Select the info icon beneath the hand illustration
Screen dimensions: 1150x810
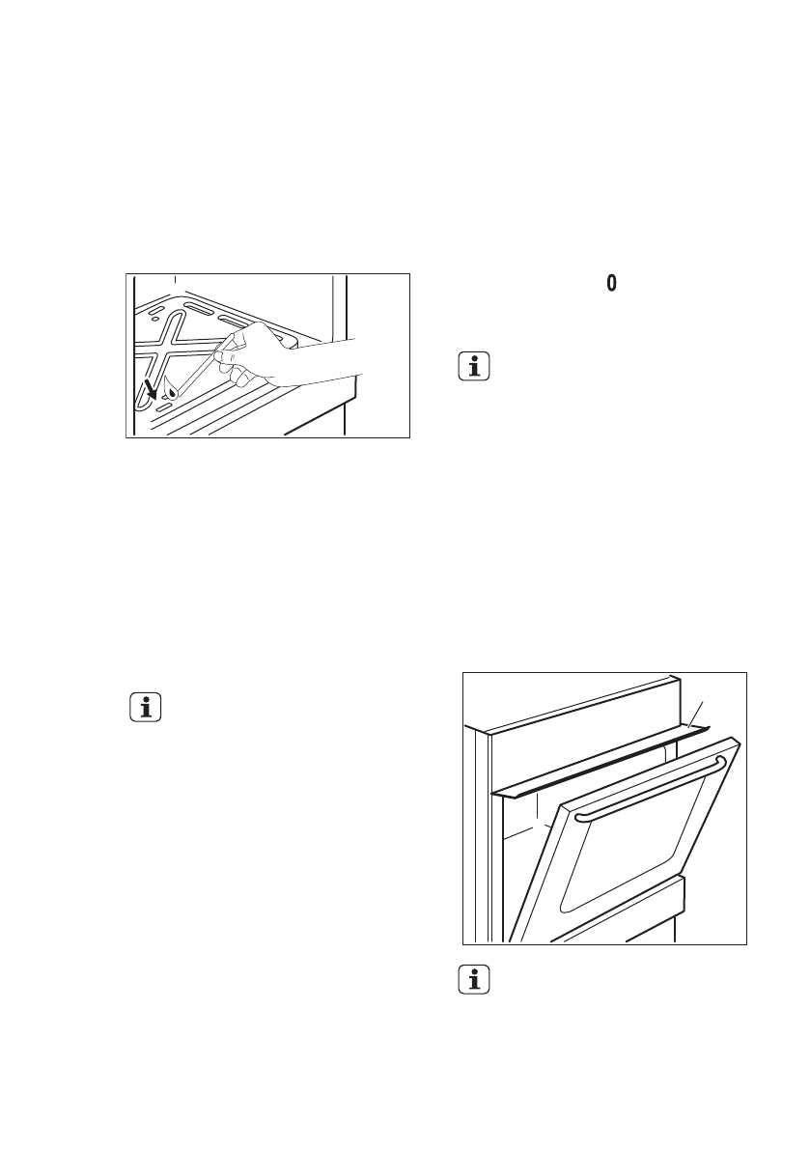coord(146,708)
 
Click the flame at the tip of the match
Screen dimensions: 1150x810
coord(171,390)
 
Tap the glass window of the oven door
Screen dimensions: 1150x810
coord(628,850)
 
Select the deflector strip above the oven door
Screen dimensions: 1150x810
coord(599,763)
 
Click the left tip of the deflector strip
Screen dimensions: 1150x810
coord(494,794)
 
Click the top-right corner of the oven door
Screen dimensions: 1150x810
coord(739,743)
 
